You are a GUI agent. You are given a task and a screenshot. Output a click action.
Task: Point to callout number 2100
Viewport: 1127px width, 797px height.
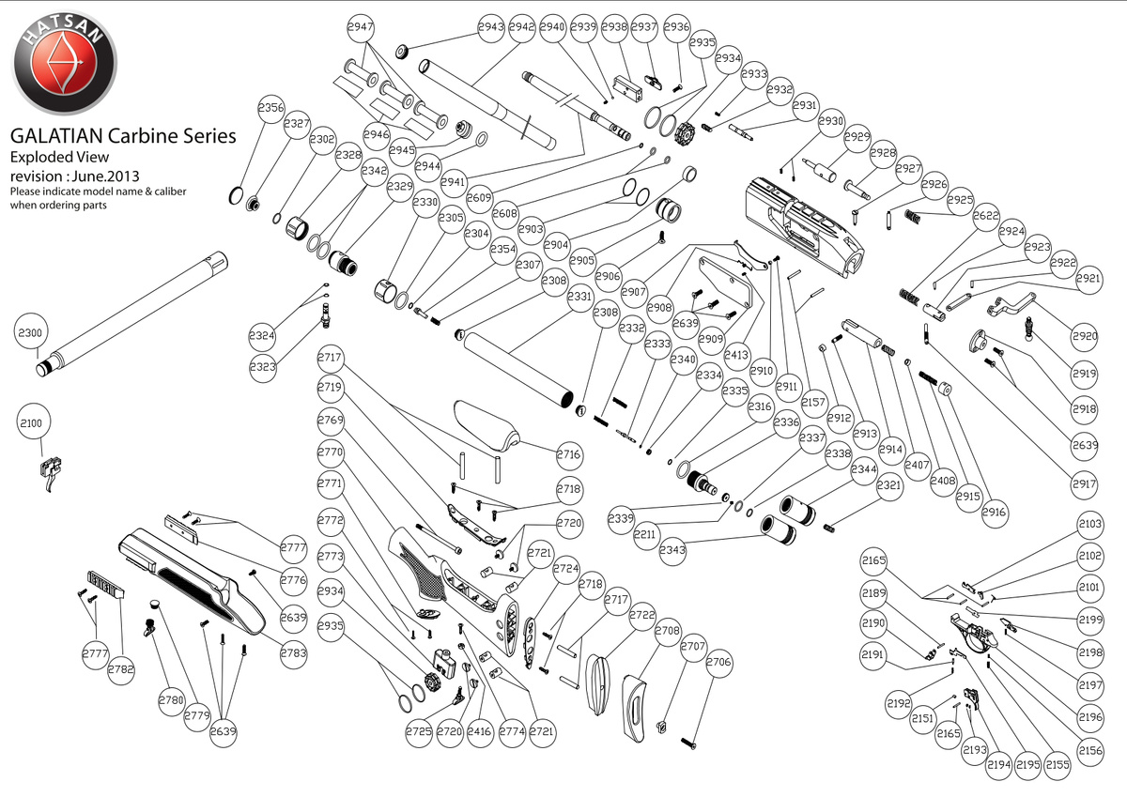[x=31, y=423]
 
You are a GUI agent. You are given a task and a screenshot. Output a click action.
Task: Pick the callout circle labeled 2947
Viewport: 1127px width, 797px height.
[x=361, y=27]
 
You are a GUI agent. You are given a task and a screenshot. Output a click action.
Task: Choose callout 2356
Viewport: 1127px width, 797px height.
[x=271, y=108]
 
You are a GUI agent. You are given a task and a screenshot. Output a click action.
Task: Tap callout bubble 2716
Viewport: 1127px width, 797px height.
[x=568, y=454]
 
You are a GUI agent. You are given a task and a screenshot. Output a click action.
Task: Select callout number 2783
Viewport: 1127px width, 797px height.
[x=293, y=651]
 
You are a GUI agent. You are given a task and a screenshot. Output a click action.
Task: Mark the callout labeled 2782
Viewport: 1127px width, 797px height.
[x=121, y=668]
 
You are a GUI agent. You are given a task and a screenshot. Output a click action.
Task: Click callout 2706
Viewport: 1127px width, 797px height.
[x=718, y=662]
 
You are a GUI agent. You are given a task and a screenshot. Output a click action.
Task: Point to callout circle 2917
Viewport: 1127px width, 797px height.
[x=1083, y=485]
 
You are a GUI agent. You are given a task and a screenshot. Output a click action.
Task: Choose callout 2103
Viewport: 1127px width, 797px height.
[x=1090, y=524]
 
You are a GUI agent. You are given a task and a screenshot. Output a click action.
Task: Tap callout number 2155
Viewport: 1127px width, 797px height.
[x=1058, y=765]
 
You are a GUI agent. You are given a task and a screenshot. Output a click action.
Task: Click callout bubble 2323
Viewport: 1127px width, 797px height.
[x=263, y=367]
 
